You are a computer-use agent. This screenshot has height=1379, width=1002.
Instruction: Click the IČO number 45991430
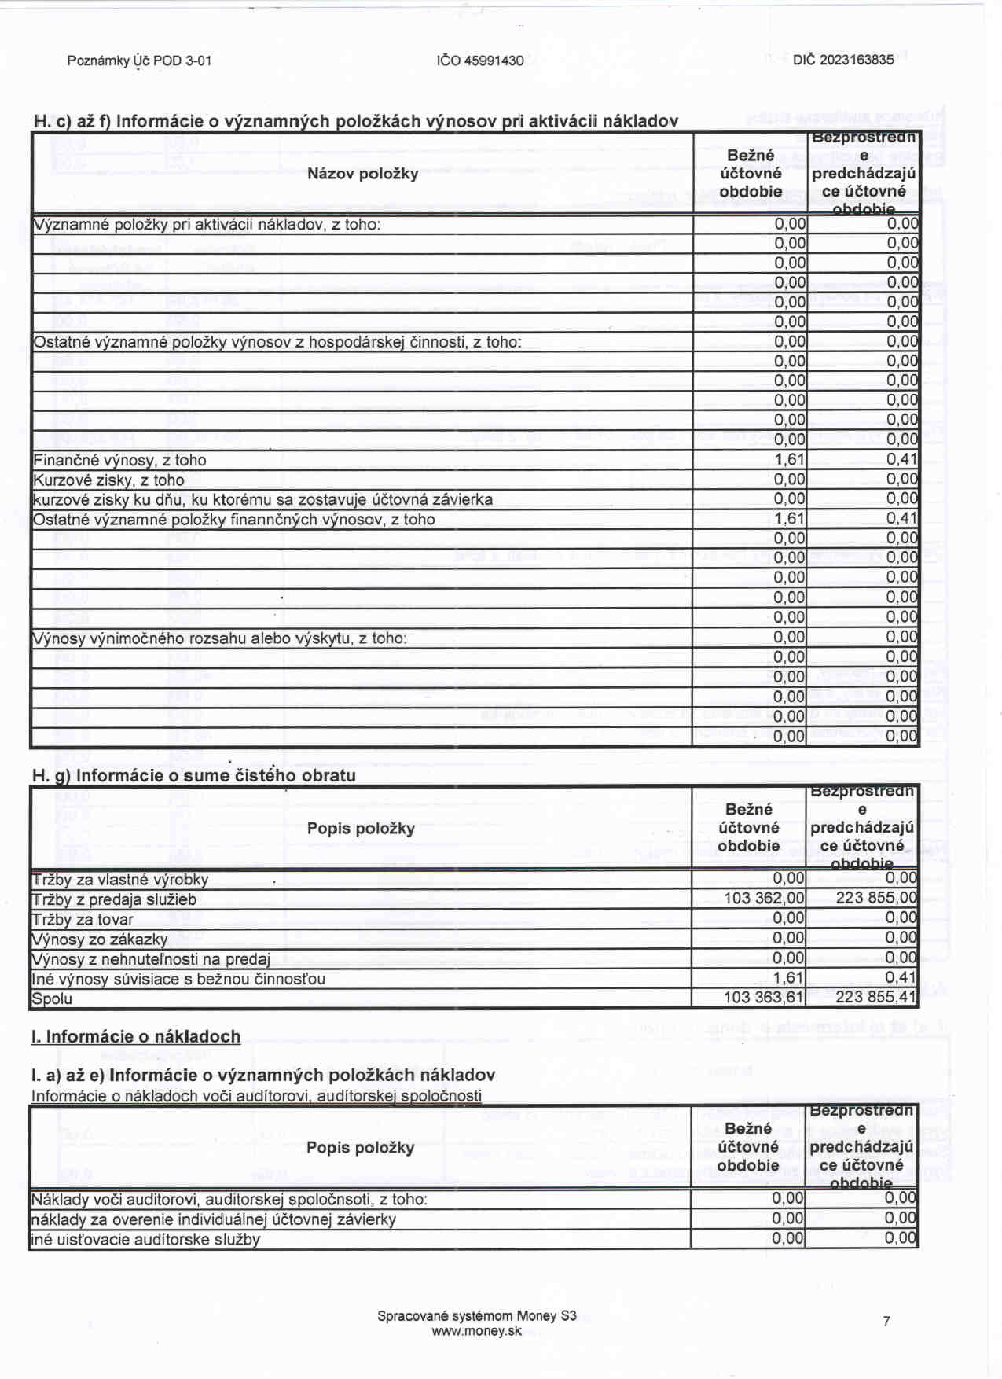pos(480,61)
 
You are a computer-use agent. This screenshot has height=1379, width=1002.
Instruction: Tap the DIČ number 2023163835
pos(843,60)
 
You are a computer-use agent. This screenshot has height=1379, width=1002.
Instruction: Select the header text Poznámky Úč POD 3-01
pos(139,61)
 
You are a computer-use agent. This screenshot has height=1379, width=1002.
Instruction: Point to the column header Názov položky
pos(362,173)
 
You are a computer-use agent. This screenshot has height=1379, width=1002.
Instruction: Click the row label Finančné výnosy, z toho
pos(119,460)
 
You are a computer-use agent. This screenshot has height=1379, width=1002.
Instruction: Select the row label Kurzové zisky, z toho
pos(108,480)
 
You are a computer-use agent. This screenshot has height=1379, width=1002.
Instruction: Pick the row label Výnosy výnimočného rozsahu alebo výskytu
pos(219,638)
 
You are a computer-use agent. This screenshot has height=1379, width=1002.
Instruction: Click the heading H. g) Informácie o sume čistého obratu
pos(193,775)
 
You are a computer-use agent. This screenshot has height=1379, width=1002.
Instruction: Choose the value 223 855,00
pos(875,898)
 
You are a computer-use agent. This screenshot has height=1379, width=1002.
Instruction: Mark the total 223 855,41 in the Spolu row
pos(875,997)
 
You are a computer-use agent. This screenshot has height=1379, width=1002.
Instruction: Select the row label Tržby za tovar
pos(83,919)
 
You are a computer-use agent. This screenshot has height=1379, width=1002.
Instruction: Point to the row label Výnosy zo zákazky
pos(99,939)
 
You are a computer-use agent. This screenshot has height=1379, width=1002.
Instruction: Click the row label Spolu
pos(52,998)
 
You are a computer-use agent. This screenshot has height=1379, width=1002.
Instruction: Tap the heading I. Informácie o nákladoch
pos(136,1036)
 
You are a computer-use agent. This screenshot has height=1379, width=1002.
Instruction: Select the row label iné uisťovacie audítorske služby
pos(145,1239)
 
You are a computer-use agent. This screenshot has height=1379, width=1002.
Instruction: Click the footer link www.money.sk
pos(476,1331)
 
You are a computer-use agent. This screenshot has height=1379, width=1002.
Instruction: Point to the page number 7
pos(886,1322)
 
